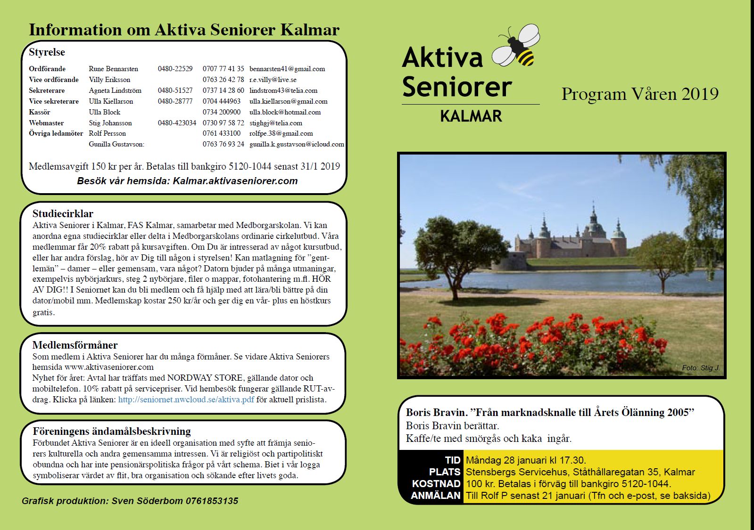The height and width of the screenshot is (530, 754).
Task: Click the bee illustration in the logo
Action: click(517, 46)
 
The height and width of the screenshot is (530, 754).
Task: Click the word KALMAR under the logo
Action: click(471, 116)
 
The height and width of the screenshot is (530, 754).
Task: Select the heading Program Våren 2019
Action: click(640, 94)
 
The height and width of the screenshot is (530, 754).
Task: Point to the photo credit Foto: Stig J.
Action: click(700, 367)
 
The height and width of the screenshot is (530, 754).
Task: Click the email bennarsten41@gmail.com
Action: click(287, 69)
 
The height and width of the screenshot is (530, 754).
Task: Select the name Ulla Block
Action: click(105, 112)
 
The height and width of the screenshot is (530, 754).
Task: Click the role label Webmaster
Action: click(46, 123)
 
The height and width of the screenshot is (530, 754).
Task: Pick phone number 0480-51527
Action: click(175, 90)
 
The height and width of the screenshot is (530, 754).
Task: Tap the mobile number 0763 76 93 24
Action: click(224, 144)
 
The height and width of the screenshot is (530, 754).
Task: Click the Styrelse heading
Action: click(47, 52)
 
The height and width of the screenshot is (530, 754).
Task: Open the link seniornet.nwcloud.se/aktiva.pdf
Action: click(186, 400)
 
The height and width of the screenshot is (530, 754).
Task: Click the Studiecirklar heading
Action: click(63, 213)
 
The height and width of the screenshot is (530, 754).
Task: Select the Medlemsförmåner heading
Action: click(75, 345)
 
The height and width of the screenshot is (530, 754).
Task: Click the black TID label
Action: click(452, 460)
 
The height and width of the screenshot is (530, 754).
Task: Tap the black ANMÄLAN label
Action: click(435, 496)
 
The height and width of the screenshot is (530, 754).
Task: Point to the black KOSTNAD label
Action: click(436, 484)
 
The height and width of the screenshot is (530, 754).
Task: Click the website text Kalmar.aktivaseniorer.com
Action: click(235, 181)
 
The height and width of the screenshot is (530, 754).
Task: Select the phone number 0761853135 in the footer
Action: click(212, 501)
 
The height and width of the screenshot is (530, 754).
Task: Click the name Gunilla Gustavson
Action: click(116, 144)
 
